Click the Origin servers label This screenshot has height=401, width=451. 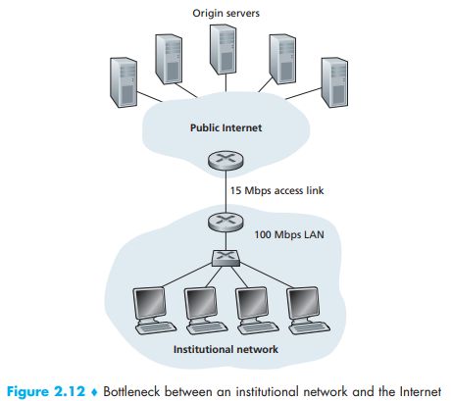(225, 13)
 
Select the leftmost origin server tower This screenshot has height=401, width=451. (124, 82)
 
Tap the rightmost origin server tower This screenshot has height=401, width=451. (334, 82)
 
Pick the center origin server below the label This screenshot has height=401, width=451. (224, 49)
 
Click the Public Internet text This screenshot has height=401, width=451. (225, 127)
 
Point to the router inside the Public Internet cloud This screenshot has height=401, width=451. (225, 160)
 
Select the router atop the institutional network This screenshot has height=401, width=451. (225, 222)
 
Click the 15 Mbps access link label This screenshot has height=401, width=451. (276, 190)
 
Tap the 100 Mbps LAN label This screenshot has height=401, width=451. (289, 234)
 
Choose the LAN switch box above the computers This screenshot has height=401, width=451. (225, 258)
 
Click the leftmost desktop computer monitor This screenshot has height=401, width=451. (150, 305)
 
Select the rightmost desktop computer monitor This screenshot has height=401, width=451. (303, 305)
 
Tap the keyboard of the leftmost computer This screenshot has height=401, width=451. (156, 327)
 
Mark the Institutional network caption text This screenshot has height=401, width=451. (225, 349)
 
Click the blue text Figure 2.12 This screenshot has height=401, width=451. (46, 391)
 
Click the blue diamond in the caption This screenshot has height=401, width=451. (94, 392)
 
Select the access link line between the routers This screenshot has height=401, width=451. (225, 191)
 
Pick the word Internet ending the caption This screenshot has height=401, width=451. (421, 391)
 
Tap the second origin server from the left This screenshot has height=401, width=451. (169, 59)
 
